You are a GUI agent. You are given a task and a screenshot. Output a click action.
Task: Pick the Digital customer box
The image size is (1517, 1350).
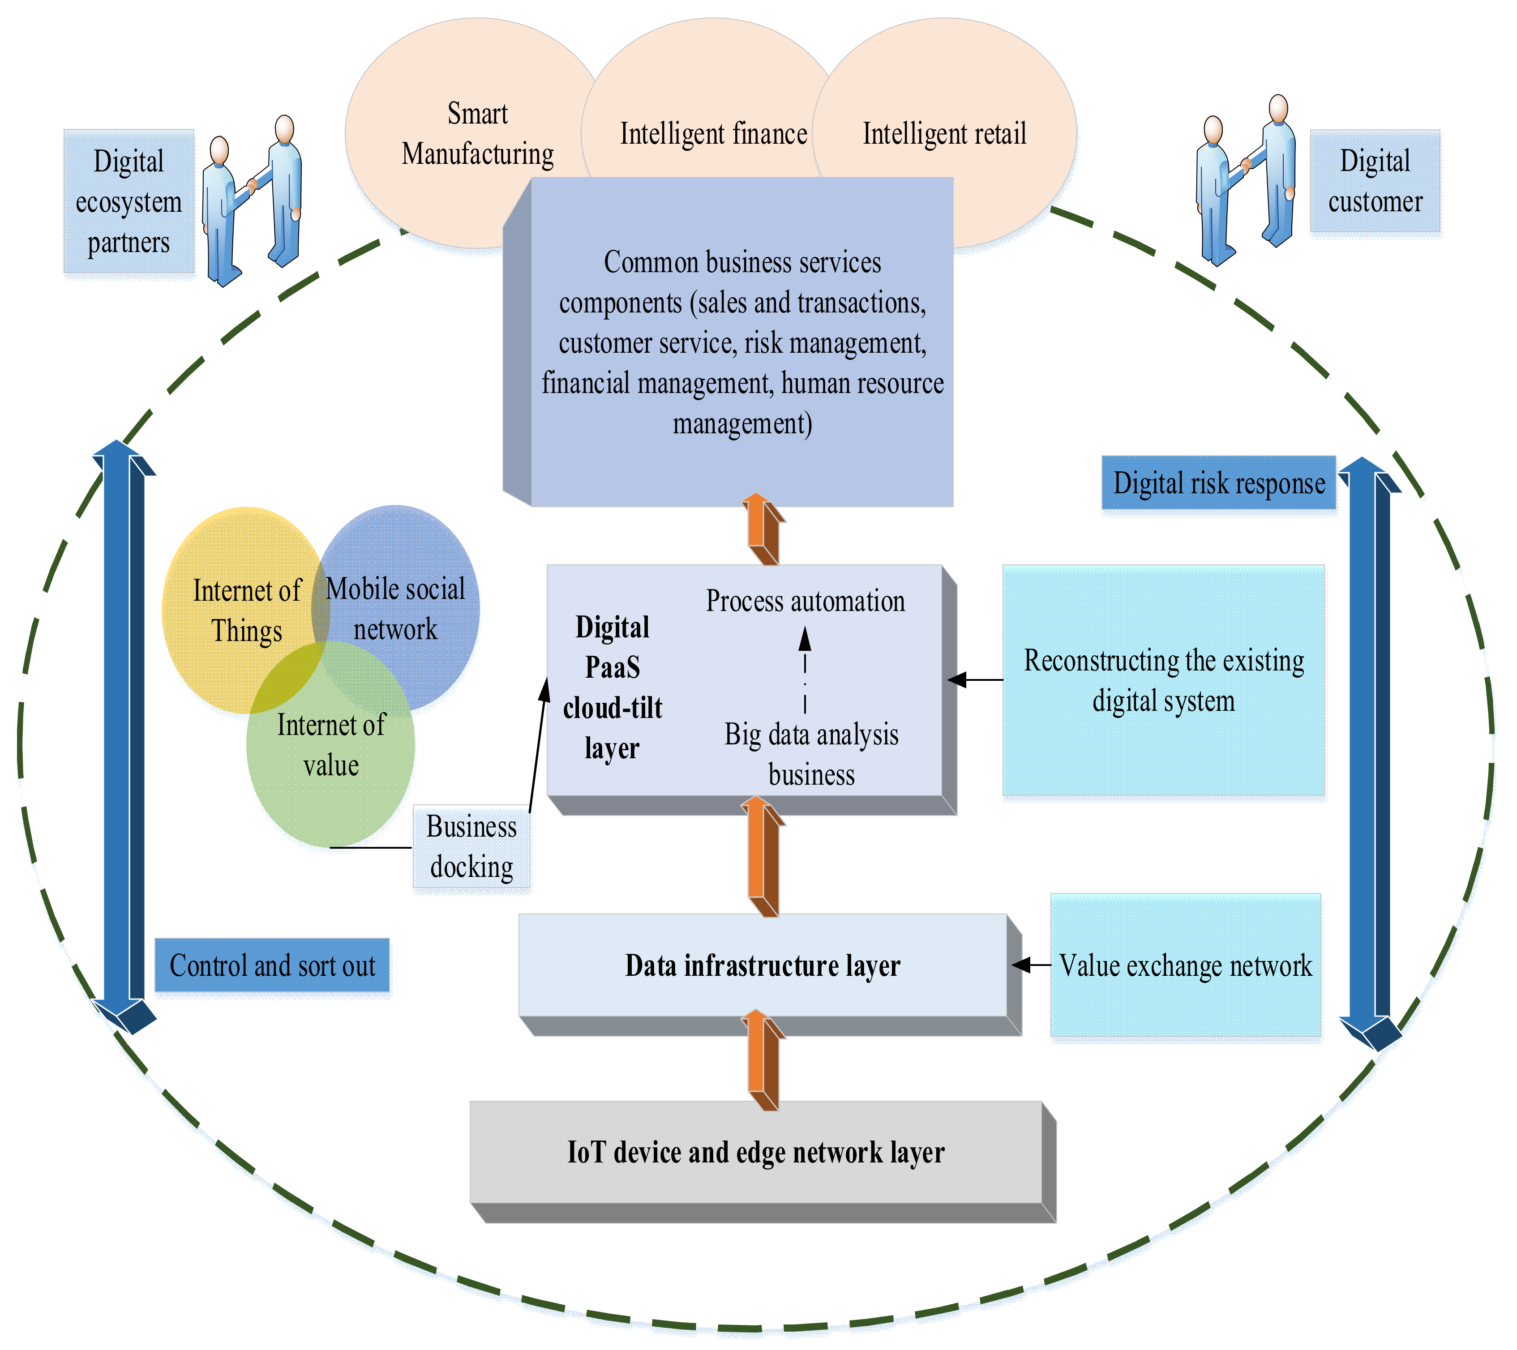coord(1375,181)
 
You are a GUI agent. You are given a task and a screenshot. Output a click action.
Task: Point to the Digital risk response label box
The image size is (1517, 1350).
coord(1219,483)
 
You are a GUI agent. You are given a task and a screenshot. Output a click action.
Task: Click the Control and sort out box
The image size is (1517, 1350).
coord(272,965)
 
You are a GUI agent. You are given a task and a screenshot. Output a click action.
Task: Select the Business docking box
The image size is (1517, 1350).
coord(471,847)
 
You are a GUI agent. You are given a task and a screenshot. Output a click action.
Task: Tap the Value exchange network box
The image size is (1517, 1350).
coord(1185,965)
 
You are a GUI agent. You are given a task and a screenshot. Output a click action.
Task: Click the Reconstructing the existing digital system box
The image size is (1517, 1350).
coord(1163,680)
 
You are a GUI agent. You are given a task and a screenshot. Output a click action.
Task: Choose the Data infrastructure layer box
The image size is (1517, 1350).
coord(763,965)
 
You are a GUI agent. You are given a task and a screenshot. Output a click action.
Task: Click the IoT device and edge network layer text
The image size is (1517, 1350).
coord(755,1152)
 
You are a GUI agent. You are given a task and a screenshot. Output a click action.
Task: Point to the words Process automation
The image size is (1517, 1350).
coord(805,601)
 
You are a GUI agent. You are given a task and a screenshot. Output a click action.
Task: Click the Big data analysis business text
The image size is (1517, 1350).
coord(811,754)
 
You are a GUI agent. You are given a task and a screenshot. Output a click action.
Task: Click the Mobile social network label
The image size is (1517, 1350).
coord(395,609)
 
